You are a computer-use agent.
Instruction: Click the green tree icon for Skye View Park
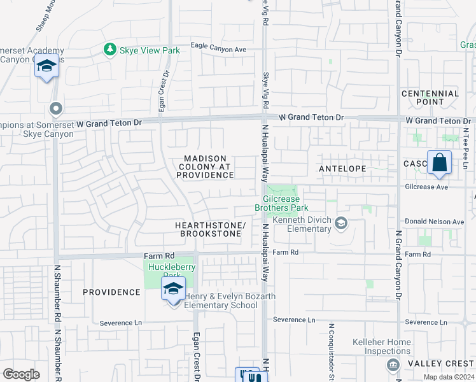[110, 50]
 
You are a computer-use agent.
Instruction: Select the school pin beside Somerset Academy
[46, 67]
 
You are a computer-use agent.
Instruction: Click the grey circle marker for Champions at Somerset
[55, 109]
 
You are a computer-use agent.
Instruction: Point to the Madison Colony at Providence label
[205, 167]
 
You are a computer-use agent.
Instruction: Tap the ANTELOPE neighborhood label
[342, 169]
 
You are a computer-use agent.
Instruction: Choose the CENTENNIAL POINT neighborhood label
[430, 97]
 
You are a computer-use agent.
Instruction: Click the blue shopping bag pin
[439, 164]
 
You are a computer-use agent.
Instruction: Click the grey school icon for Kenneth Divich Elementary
[341, 222]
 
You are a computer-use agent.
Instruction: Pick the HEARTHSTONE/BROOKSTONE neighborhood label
[209, 230]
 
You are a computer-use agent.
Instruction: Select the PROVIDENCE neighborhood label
[111, 292]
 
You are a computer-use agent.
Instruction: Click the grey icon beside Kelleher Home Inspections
[393, 364]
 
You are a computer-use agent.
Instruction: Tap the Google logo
[21, 374]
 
